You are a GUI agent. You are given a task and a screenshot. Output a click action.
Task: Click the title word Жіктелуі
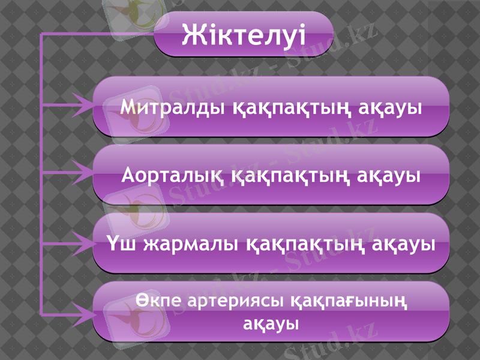244,34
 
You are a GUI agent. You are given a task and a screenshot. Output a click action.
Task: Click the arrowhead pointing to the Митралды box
83,105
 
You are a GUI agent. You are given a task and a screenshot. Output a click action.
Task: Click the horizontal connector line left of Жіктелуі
96,35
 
